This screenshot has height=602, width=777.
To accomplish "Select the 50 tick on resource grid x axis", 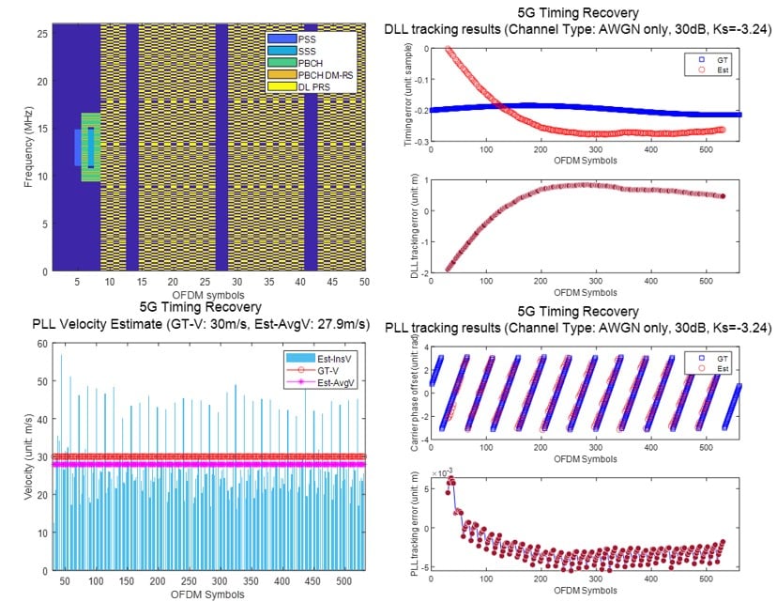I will tap(363, 282).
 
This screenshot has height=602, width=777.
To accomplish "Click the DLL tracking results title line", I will tap(578, 30).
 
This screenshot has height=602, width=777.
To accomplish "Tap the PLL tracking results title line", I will tap(578, 328).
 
